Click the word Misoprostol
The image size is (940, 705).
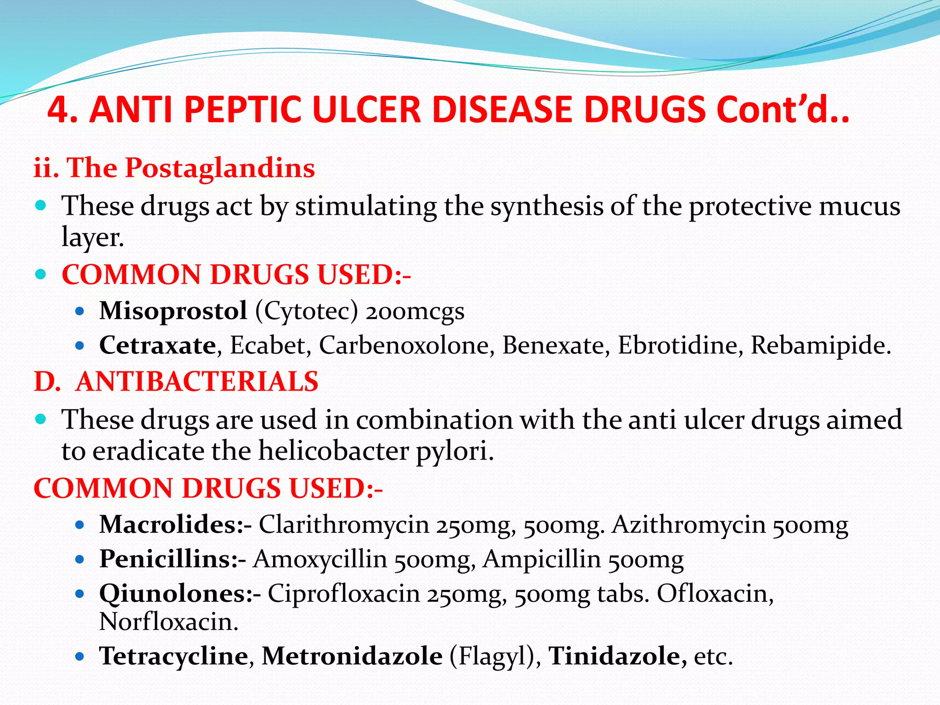173,311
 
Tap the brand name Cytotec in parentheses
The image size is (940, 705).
307,311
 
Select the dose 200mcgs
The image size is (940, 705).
415,311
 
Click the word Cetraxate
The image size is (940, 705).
157,345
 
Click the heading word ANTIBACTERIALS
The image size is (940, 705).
197,381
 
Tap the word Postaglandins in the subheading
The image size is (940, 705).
220,168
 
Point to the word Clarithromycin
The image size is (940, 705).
344,524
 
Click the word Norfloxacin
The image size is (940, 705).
168,622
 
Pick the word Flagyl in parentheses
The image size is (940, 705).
492,656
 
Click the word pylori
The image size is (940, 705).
454,451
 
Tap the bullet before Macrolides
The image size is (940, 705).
80,525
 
